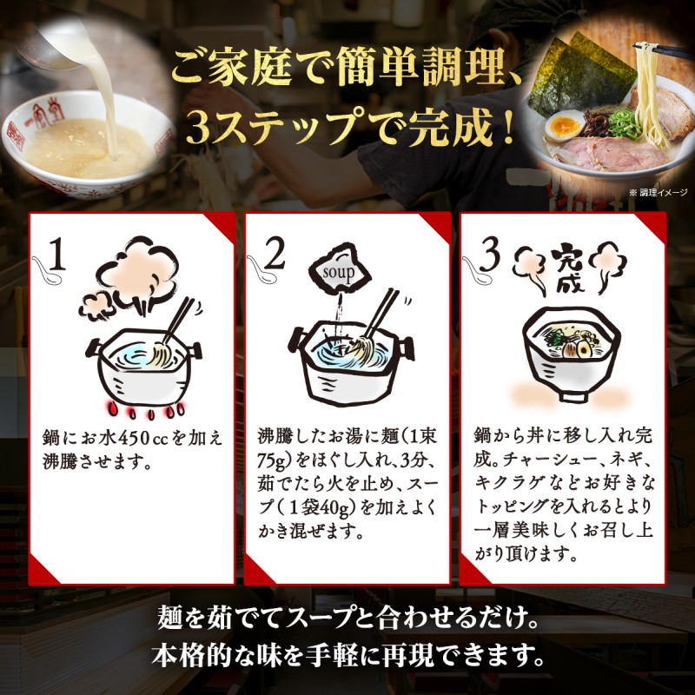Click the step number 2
(x=275, y=255)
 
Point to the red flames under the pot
(x=143, y=407)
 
